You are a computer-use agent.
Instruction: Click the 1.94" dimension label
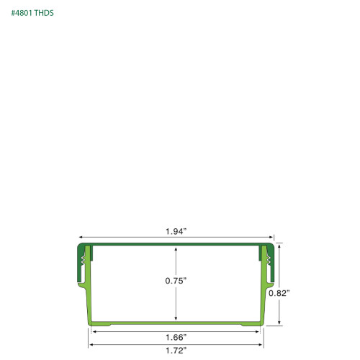coord(176,231)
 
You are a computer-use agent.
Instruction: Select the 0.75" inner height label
coord(176,281)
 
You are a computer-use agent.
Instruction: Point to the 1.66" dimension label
coord(176,336)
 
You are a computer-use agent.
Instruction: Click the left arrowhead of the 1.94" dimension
coord(81,237)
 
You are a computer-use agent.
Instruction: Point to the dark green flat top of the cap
coord(176,245)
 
